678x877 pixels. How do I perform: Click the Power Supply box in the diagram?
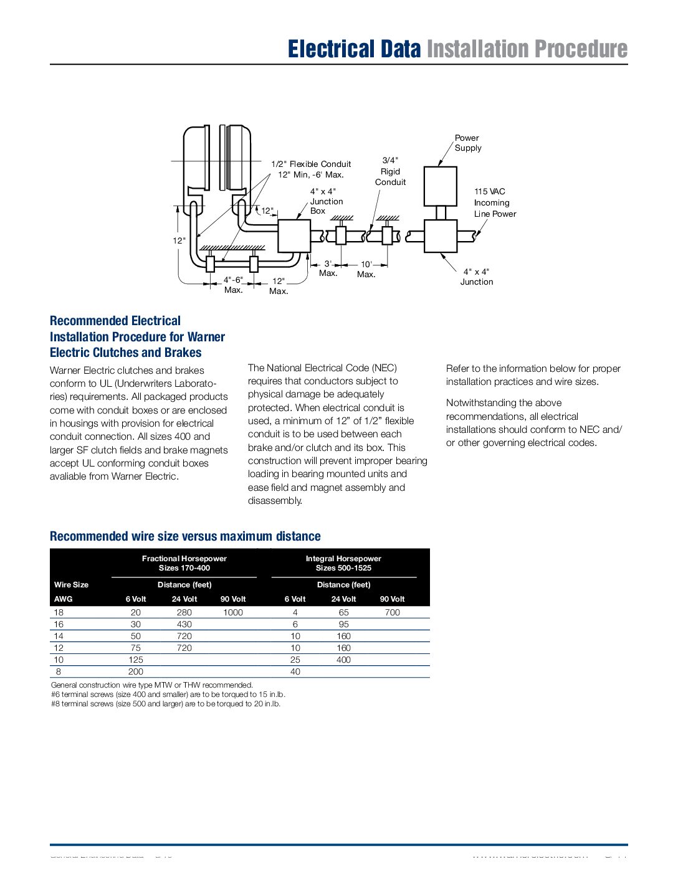pos(440,186)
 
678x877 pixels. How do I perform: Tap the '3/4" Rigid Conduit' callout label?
pos(390,171)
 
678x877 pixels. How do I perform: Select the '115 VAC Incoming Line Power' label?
pos(495,202)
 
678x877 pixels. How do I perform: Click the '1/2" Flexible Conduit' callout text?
pos(311,164)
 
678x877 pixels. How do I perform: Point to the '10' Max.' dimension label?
pos(366,269)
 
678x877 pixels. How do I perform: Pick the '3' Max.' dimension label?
pos(328,268)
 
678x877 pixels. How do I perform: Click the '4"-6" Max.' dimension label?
pos(233,285)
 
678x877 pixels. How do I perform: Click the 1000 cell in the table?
pos(233,612)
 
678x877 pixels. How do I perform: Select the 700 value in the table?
pos(393,612)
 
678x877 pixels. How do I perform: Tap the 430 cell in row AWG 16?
pos(184,624)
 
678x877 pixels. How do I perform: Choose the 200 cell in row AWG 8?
pos(136,671)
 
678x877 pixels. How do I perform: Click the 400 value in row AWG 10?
pos(343,660)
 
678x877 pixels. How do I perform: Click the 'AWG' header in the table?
pos(64,599)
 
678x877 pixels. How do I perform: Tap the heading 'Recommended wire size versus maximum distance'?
pos(185,536)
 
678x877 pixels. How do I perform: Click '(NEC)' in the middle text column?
pos(384,368)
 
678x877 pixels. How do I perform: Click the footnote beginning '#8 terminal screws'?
pos(166,704)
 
